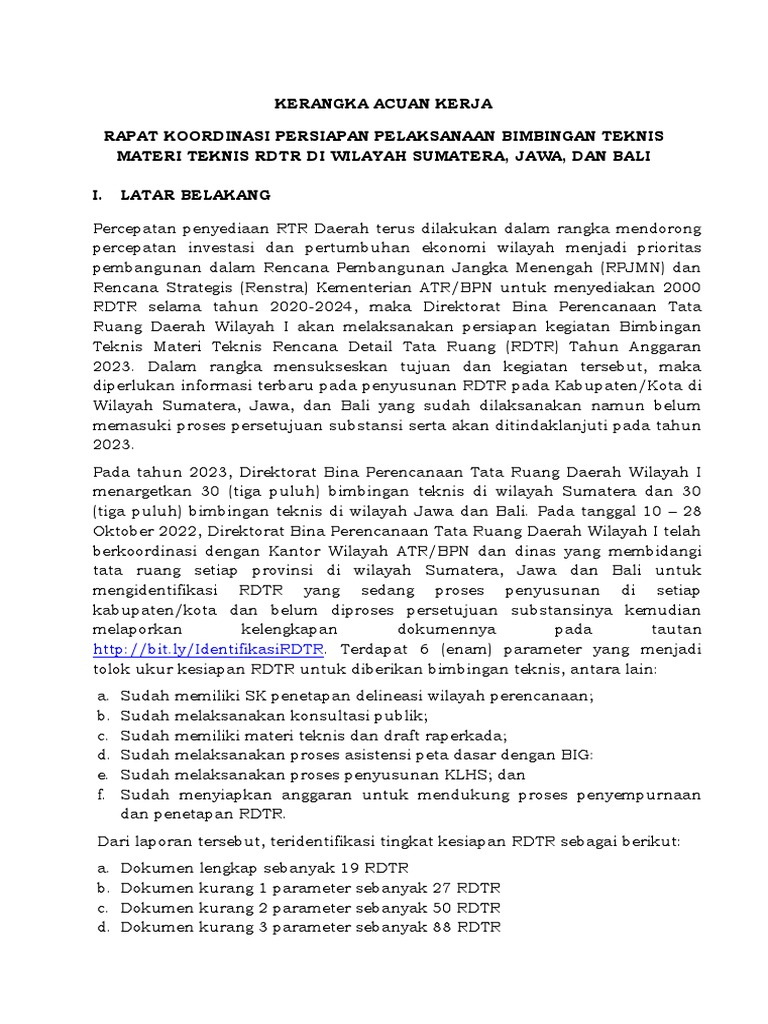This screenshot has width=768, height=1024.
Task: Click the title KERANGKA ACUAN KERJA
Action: coord(383,103)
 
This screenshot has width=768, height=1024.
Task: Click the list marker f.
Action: coord(101,794)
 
